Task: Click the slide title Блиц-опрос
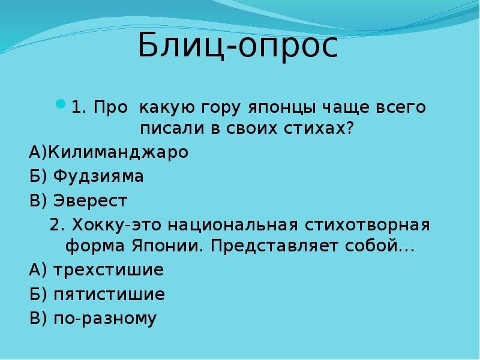tap(238, 47)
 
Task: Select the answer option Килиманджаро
tap(118, 152)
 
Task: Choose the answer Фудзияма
tap(98, 176)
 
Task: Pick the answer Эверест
tap(90, 200)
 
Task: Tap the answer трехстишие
tap(109, 270)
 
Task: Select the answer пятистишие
tap(109, 295)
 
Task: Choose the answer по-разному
tap(105, 319)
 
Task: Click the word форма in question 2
tap(92, 247)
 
